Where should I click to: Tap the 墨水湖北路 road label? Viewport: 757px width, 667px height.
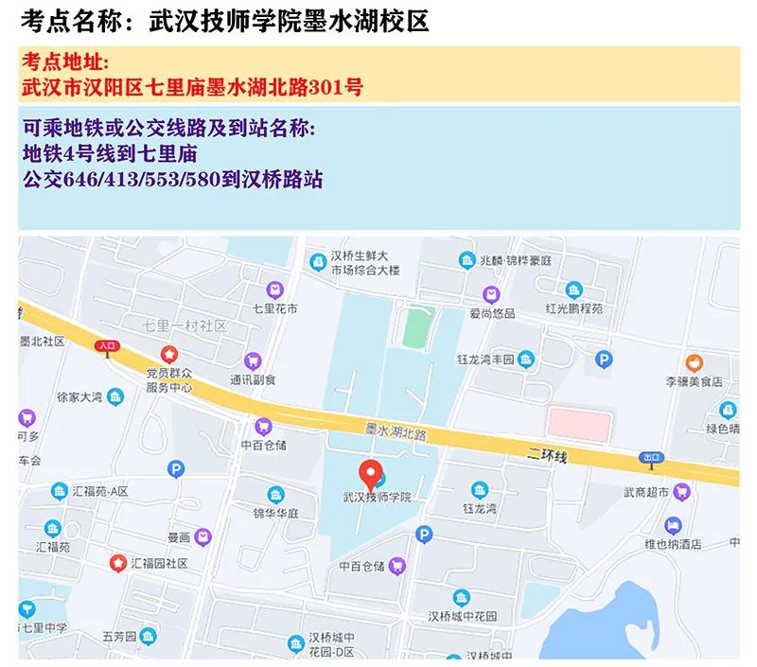pos(396,433)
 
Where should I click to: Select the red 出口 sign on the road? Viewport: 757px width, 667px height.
pos(651,457)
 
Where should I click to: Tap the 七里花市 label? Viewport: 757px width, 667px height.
pos(274,308)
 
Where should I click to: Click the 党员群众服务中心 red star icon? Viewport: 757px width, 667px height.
pos(169,354)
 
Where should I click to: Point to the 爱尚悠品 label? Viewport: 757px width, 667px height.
pos(490,313)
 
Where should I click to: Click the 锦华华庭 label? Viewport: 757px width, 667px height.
pos(275,513)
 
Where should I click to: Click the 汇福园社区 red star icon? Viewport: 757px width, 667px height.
pos(117,563)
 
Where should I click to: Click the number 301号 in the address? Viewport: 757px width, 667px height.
pos(343,89)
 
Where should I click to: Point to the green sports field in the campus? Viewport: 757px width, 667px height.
pos(413,326)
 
